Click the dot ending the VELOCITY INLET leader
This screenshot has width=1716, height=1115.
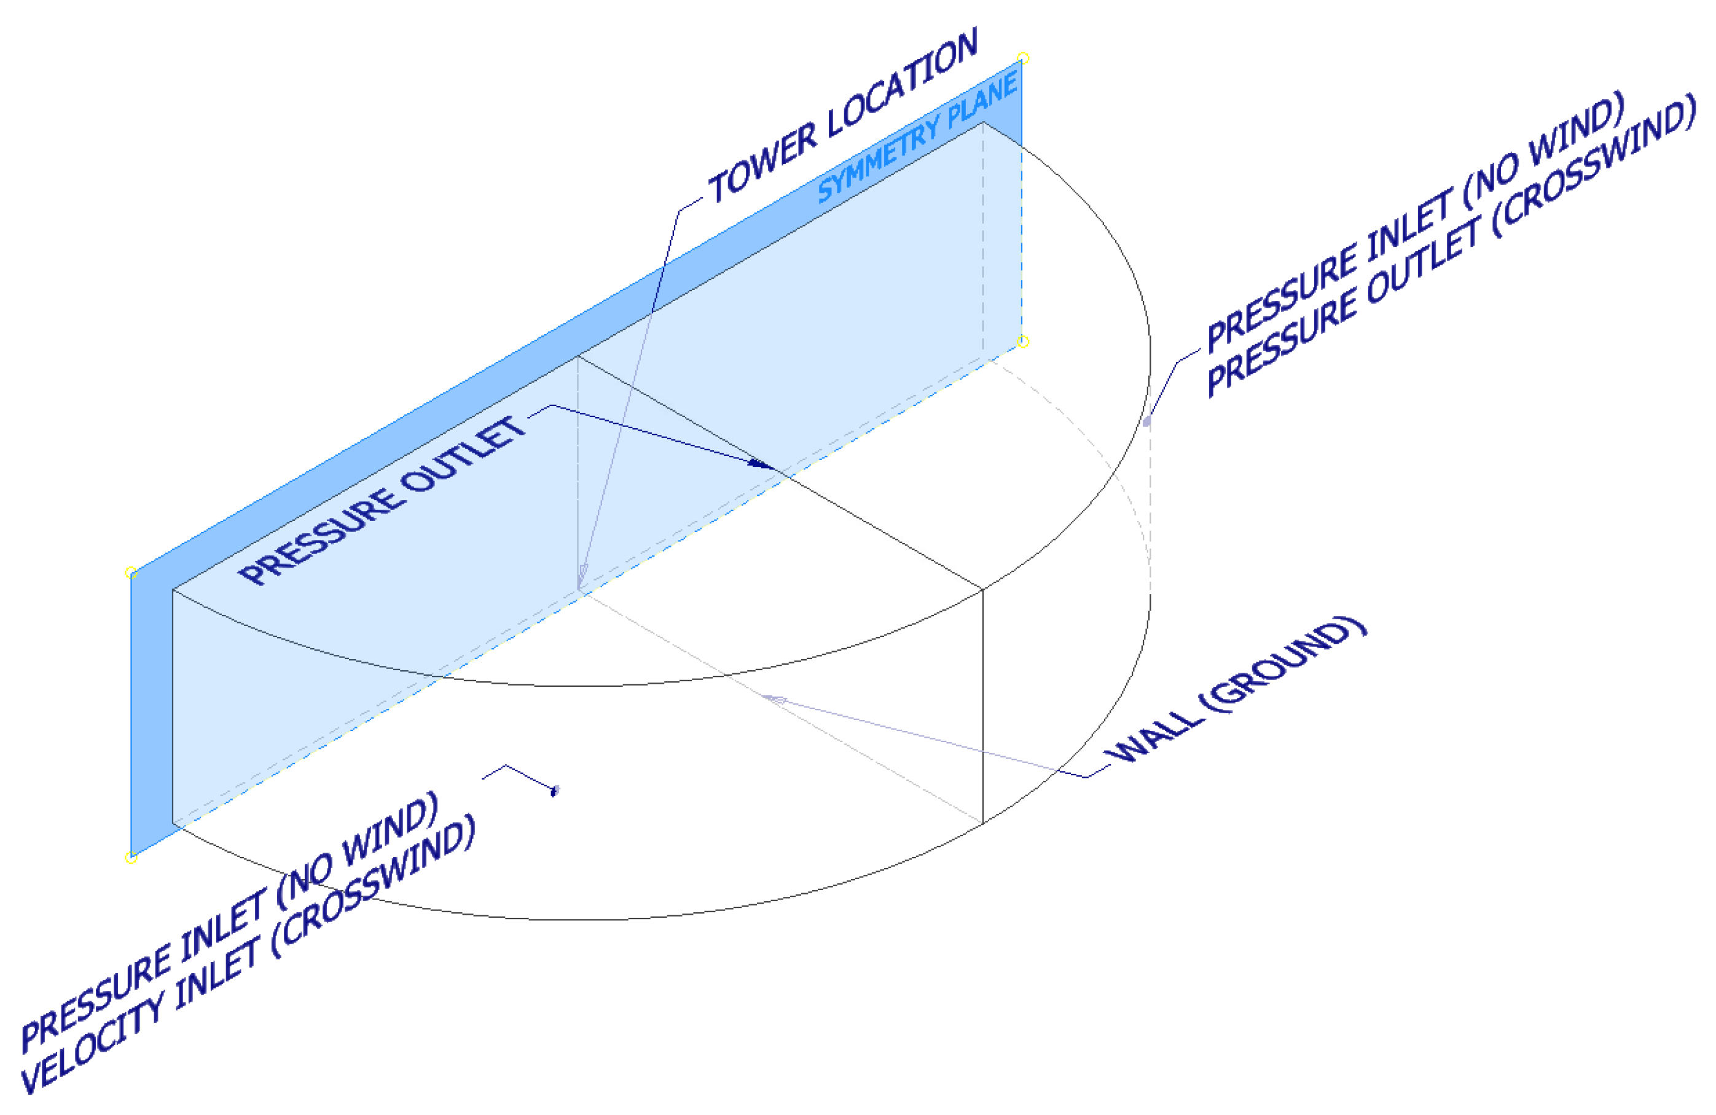click(554, 791)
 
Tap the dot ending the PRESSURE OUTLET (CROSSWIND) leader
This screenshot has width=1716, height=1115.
click(1147, 421)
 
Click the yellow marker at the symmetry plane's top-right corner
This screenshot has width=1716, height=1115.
click(1023, 58)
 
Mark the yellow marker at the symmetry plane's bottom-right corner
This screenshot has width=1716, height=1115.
click(1023, 342)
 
